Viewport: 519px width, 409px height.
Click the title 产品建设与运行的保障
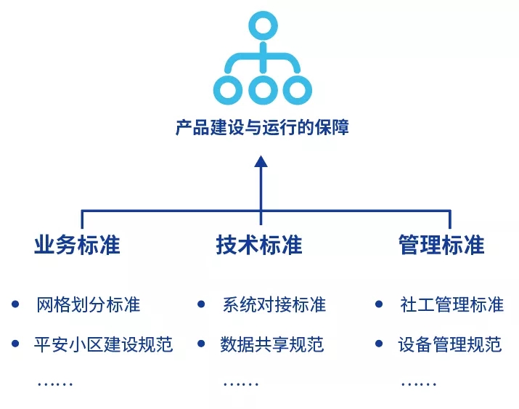click(262, 129)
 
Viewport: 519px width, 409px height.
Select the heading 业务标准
click(77, 245)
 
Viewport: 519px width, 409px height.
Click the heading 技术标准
click(259, 245)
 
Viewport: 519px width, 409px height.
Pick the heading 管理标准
click(441, 245)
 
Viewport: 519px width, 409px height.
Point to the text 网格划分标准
click(88, 304)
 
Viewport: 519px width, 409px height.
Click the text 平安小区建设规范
click(104, 344)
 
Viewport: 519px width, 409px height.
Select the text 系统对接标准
click(274, 304)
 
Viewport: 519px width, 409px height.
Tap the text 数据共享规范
click(272, 344)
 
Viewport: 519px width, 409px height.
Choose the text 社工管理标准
click(451, 304)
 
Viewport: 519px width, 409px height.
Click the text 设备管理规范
click(450, 344)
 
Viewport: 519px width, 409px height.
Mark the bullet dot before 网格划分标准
click(16, 304)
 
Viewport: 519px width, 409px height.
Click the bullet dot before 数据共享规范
click(201, 343)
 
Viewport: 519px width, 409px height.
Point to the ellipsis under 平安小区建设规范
click(55, 383)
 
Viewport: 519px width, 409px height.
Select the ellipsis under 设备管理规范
click(419, 383)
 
